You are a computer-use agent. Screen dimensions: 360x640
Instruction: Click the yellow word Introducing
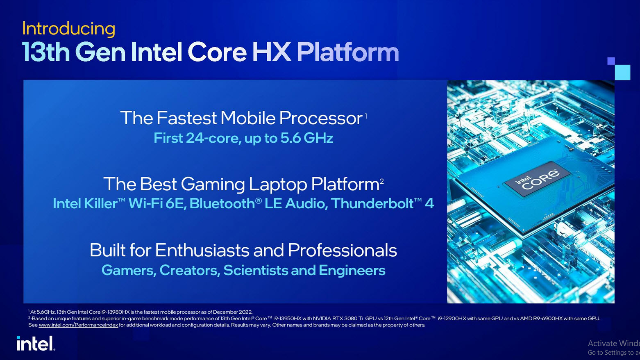(x=68, y=29)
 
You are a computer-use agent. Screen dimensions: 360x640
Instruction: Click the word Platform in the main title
(x=347, y=52)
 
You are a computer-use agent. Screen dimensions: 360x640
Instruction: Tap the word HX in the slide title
(x=271, y=52)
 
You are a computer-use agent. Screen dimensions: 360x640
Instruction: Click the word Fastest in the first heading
(x=186, y=118)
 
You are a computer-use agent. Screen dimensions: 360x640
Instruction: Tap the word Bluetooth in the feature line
(x=222, y=203)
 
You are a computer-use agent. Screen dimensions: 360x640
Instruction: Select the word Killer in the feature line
(x=100, y=203)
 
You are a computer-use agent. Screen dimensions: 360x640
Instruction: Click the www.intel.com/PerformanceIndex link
(x=78, y=325)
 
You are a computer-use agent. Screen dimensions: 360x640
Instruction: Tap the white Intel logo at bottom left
(x=35, y=344)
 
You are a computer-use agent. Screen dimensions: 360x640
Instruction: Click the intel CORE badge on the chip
(x=537, y=179)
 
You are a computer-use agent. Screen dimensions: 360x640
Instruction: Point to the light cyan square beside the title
(x=622, y=72)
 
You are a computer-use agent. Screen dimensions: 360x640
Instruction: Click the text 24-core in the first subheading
(x=213, y=138)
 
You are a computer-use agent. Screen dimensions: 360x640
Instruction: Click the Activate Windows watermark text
(x=613, y=344)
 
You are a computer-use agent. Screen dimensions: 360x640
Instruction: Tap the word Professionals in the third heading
(x=342, y=251)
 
